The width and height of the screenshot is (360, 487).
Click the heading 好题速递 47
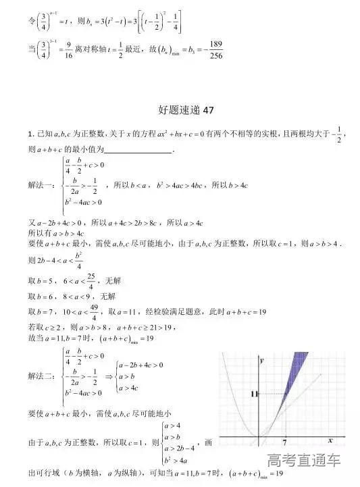pyautogui.click(x=180, y=108)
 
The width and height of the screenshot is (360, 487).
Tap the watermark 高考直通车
pyautogui.click(x=303, y=461)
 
